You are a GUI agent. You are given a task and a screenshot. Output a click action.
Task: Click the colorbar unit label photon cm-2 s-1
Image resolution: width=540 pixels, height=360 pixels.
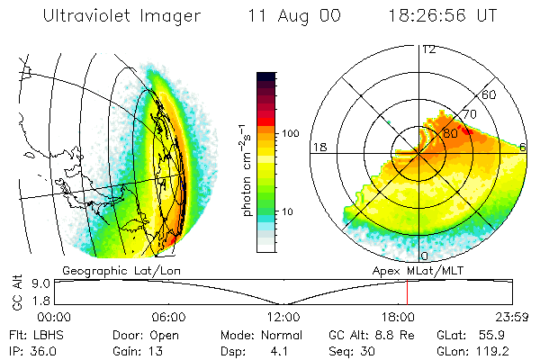pos(246,171)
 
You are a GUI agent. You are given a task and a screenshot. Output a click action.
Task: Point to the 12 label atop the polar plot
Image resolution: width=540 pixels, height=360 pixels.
pos(428,49)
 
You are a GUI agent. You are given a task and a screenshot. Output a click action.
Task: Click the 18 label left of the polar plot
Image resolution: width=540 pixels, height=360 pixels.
pos(319,147)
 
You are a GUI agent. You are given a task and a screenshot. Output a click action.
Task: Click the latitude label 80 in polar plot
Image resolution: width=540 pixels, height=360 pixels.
pos(450,131)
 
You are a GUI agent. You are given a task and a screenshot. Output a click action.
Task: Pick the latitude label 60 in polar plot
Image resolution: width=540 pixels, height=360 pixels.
pos(490,94)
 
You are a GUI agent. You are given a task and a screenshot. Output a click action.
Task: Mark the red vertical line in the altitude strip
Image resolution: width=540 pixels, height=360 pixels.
pos(407,291)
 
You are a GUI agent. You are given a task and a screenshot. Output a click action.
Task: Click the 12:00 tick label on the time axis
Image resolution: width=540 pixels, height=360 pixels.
pos(283,317)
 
